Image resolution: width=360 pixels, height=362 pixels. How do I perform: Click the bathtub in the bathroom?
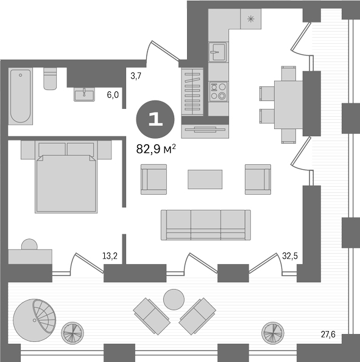click(21, 96)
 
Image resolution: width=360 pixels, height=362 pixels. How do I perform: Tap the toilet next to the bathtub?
click(50, 78)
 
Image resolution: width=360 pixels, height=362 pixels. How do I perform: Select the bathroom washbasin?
click(84, 94)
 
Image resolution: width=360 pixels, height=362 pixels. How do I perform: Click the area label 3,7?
click(136, 75)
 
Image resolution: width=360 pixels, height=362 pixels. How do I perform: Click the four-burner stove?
click(217, 91)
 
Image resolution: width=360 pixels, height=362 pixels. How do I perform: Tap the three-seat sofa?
click(205, 225)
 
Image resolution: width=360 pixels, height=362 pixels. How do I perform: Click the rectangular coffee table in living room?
click(205, 179)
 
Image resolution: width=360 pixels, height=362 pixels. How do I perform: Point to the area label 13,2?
click(110, 256)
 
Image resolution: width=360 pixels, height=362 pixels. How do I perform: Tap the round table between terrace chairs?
click(174, 299)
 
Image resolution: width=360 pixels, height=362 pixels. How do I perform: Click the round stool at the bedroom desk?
click(29, 245)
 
